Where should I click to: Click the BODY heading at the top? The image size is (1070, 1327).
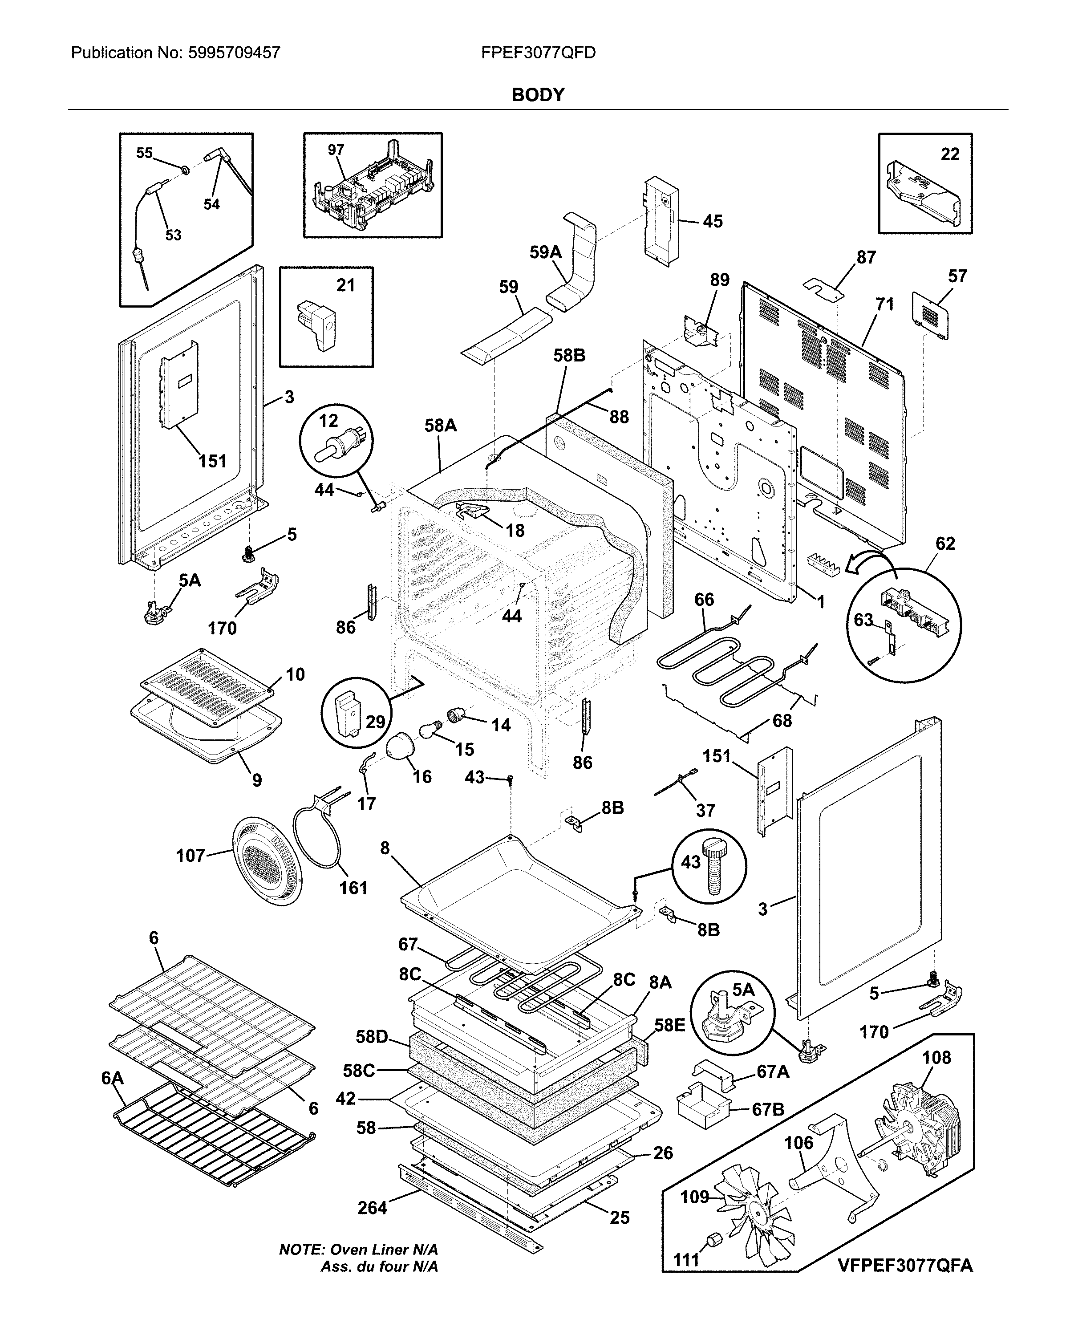[538, 95]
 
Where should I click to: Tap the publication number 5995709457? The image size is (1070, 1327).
[229, 53]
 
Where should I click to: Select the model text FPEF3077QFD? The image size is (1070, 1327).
[538, 53]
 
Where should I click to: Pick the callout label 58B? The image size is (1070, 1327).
[569, 356]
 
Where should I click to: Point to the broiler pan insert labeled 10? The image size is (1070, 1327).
[207, 685]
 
